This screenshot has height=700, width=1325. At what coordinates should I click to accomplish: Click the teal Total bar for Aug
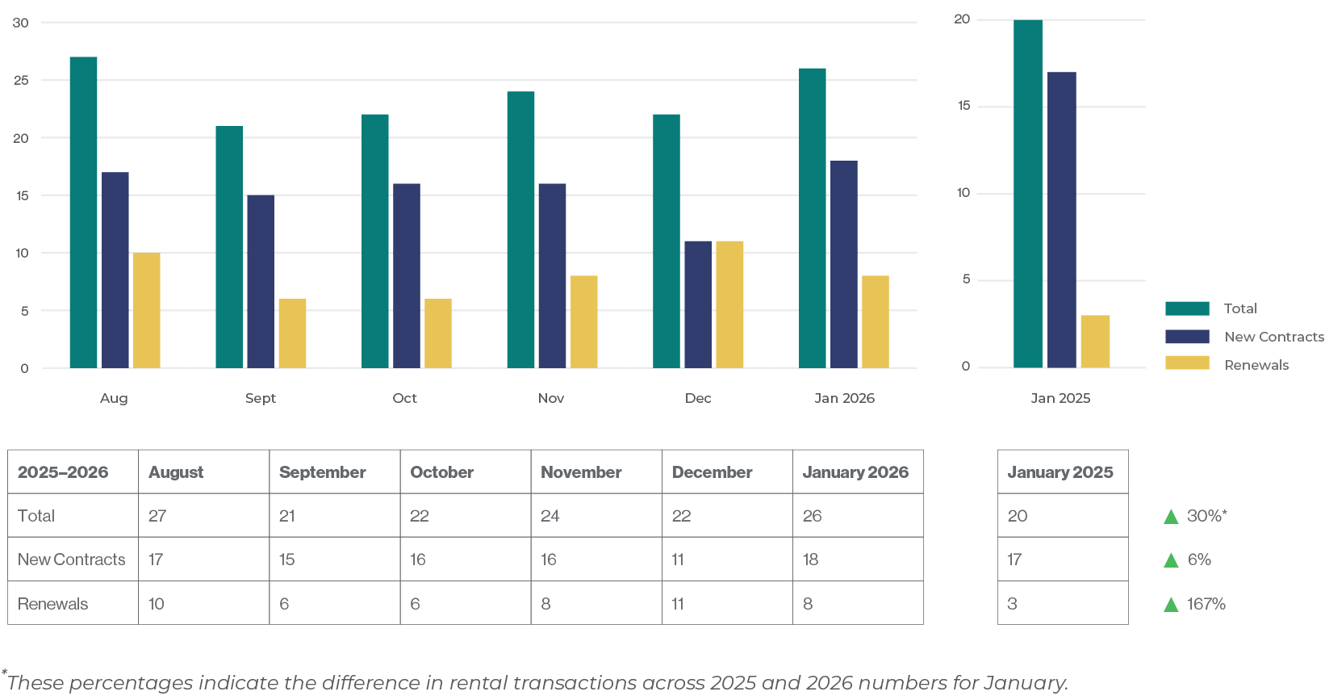pos(83,212)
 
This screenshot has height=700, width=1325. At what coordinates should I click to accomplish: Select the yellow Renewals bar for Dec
pos(729,304)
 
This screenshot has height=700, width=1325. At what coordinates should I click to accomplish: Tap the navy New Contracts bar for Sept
pos(261,281)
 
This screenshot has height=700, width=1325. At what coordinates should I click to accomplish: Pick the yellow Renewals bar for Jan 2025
pos(1095,342)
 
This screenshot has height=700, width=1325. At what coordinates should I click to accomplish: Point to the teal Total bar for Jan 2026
pos(813,218)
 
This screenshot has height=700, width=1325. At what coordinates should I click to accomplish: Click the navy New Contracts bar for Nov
pos(552,275)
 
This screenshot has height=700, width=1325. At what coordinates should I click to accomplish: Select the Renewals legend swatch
pos(1187,363)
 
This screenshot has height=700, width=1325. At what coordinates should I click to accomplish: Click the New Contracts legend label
pos(1273,337)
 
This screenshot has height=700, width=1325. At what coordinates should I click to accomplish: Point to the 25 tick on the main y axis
pos(21,80)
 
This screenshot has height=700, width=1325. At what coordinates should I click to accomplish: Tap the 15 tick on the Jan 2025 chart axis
pos(963,106)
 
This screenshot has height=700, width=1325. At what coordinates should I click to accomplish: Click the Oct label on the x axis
pos(405,398)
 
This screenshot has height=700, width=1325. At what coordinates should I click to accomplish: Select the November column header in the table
pos(581,472)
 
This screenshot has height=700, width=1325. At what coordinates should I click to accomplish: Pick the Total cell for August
pos(157,516)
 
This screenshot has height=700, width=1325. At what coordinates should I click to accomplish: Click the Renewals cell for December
pos(678,604)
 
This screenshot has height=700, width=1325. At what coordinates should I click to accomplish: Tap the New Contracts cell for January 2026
pos(811,560)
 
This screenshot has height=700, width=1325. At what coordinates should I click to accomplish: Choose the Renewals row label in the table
pos(53,604)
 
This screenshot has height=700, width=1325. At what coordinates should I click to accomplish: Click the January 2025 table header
pos(1060,472)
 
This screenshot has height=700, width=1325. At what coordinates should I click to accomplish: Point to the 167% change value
pos(1206,604)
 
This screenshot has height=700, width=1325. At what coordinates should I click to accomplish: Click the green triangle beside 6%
pos(1171,560)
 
